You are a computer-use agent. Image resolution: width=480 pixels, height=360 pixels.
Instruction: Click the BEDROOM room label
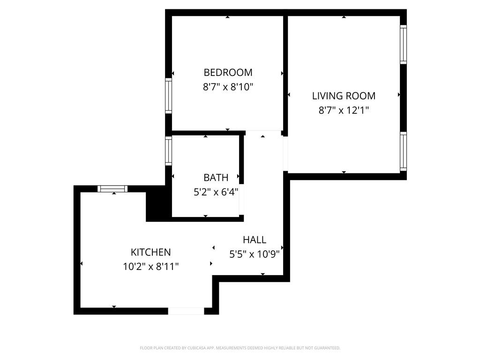click(228, 73)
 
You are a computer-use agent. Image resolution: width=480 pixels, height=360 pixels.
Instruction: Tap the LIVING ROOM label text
click(344, 96)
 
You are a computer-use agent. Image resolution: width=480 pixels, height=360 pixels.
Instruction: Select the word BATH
click(216, 178)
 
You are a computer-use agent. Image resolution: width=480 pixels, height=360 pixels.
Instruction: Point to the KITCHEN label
click(150, 252)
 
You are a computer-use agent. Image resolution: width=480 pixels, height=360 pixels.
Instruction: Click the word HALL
click(255, 240)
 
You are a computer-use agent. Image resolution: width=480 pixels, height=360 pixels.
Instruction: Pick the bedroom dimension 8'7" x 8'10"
click(228, 87)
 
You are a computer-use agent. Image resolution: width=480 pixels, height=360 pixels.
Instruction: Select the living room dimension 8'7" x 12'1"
click(344, 111)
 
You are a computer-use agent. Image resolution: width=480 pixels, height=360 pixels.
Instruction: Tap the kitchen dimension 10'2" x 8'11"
click(150, 267)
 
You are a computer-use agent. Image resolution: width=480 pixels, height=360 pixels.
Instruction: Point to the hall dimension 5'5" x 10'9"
click(255, 254)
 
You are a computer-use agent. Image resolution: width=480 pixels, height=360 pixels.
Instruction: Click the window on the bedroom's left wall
click(168, 96)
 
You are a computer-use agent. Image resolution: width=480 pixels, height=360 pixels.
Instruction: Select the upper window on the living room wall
click(403, 44)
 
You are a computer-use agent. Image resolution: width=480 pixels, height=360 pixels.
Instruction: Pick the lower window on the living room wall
click(403, 151)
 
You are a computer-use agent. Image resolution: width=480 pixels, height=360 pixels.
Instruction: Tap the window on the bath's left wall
click(168, 150)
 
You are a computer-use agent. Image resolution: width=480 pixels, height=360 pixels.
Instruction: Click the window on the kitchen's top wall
click(112, 189)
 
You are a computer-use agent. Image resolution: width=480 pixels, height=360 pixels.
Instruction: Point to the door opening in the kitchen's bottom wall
click(186, 311)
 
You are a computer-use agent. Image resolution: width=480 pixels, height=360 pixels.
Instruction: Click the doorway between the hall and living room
click(285, 154)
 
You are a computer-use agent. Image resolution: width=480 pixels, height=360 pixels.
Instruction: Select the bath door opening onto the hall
click(242, 200)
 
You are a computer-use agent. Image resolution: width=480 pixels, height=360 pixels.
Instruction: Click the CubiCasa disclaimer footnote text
click(240, 348)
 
